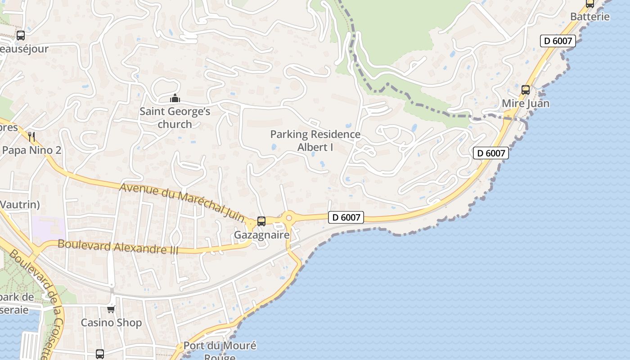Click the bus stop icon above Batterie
[589, 4]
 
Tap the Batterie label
[590, 17]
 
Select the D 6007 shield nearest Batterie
[558, 41]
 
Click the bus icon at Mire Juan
[525, 90]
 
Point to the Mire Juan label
[525, 103]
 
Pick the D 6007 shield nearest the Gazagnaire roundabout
[346, 217]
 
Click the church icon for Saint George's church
[175, 98]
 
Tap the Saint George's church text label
[175, 117]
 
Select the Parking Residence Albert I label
[315, 140]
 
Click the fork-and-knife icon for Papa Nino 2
[31, 136]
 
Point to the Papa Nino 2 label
[31, 150]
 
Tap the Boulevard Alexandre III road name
[118, 247]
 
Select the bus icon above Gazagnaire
[261, 221]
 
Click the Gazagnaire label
[261, 235]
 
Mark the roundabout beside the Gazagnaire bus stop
[288, 218]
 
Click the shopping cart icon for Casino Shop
[111, 309]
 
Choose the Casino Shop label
[111, 323]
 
